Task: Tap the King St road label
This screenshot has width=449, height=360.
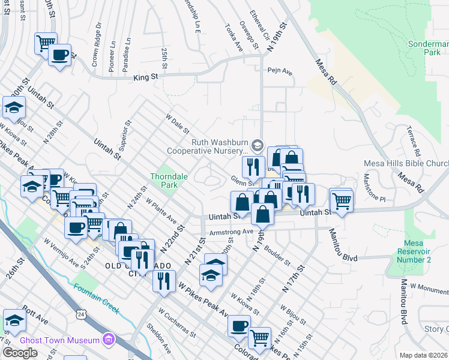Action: [145, 77]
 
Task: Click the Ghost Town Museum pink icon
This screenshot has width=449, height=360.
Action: [109, 340]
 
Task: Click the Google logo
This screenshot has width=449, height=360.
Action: [20, 352]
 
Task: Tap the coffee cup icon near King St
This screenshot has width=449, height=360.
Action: [59, 55]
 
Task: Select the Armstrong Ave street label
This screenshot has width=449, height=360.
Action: [232, 232]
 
